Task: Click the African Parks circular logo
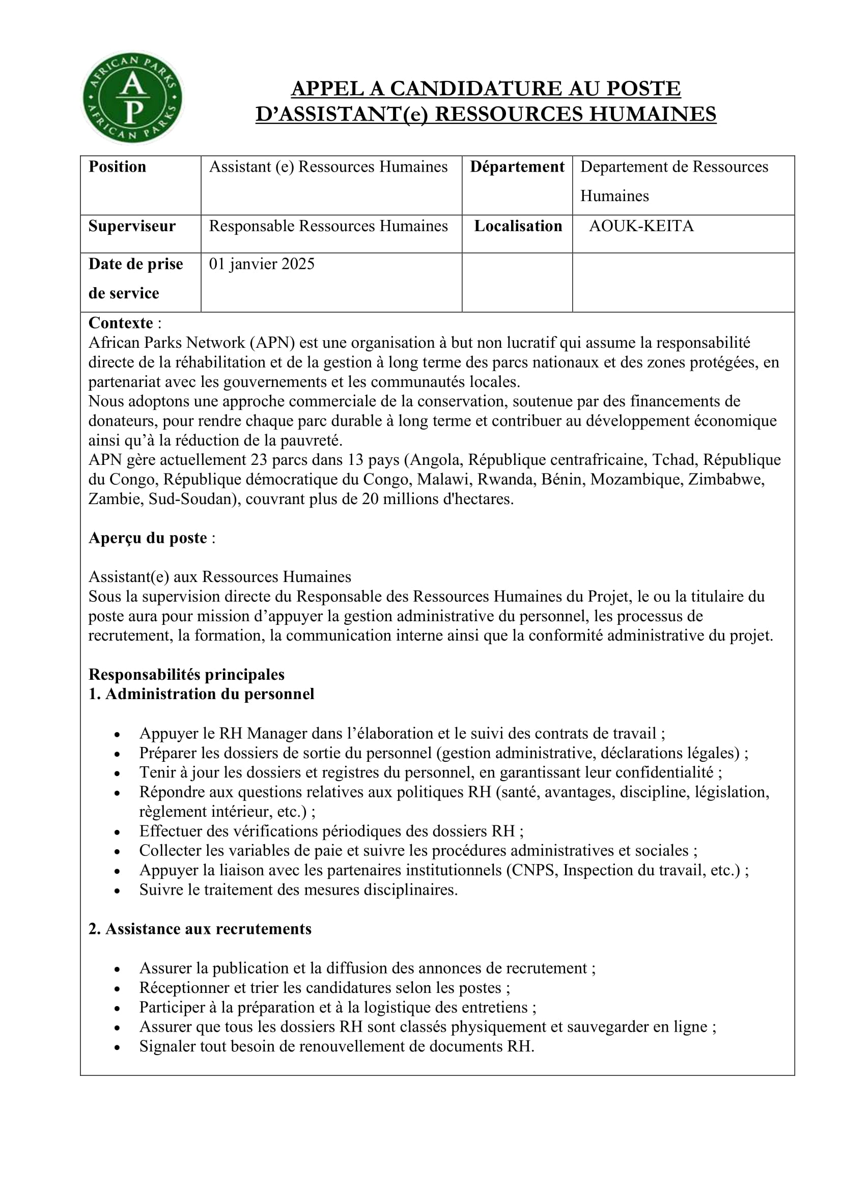click(133, 98)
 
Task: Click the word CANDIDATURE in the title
click(475, 89)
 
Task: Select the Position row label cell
click(118, 167)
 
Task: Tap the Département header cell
click(517, 167)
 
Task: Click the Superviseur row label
click(132, 226)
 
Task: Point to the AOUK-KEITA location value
click(641, 226)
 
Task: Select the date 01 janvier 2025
click(261, 264)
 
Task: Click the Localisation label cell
click(518, 226)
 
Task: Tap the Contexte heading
click(121, 323)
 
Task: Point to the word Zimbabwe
click(726, 479)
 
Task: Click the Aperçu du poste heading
click(148, 538)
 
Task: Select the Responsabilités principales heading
click(187, 674)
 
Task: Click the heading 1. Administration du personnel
click(201, 694)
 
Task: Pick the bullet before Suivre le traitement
click(118, 891)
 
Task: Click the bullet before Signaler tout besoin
click(118, 1047)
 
